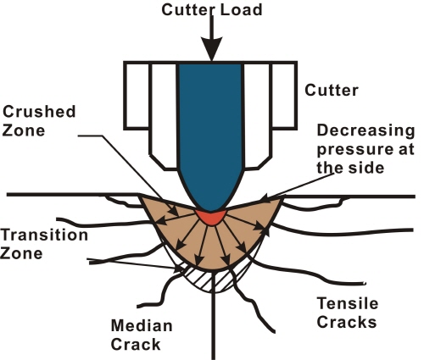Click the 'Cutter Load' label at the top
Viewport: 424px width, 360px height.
212,9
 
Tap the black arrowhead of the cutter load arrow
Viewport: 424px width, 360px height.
212,48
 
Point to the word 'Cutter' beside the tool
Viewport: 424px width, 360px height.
332,91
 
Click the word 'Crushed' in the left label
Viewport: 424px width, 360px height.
39,112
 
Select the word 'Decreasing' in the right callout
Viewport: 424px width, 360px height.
365,130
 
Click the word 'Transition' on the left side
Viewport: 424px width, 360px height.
44,235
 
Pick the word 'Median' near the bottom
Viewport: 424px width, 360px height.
142,325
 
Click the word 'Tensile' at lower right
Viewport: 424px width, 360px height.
348,304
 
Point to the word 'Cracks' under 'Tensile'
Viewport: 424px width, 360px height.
347,322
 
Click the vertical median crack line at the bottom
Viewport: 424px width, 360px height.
213,315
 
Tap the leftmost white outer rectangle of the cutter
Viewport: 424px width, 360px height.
137,96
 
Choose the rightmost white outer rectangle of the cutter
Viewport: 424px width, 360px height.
284,96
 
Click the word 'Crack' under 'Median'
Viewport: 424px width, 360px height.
136,345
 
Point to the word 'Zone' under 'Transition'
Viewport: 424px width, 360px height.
21,253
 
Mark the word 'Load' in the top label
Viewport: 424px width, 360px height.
241,9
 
